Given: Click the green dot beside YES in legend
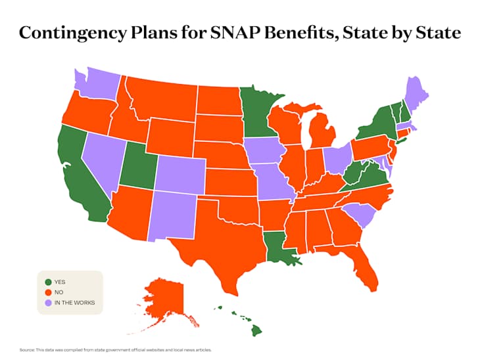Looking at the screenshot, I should tap(48, 282).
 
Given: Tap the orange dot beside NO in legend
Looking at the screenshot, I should tap(48, 292).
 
